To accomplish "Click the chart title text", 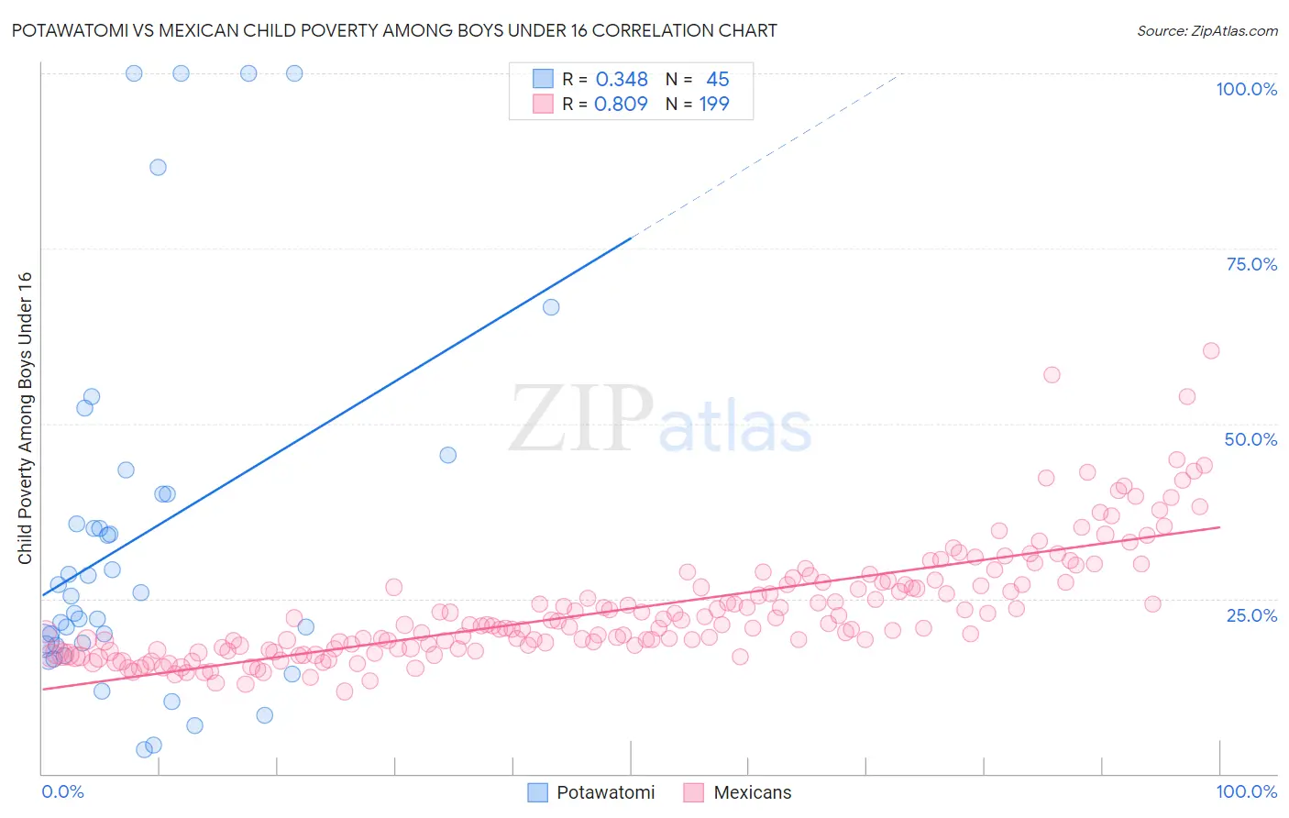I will point(395,30).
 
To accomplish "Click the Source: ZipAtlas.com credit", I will point(1206,30).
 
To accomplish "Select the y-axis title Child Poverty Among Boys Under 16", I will point(25,418).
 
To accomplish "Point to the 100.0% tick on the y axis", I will point(1246,89).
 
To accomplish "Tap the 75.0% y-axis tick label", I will point(1251,264).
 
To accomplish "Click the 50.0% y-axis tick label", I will point(1250,439).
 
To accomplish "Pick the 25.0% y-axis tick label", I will point(1251,614).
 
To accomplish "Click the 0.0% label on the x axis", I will point(62,791).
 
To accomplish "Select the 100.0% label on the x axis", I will point(1246,791).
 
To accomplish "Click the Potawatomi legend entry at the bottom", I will point(591,792).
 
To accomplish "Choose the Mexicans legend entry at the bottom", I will point(738,792).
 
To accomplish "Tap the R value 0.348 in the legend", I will point(622,80).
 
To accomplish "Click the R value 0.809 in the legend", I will point(621,104).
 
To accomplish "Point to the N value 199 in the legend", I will point(714,104).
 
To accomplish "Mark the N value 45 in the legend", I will point(717,80).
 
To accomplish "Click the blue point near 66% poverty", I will point(551,307).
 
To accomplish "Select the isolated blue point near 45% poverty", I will point(447,455).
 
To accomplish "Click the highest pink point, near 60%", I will point(1211,350).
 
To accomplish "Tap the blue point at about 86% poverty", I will point(158,167).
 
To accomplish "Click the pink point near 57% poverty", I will point(1052,375).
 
